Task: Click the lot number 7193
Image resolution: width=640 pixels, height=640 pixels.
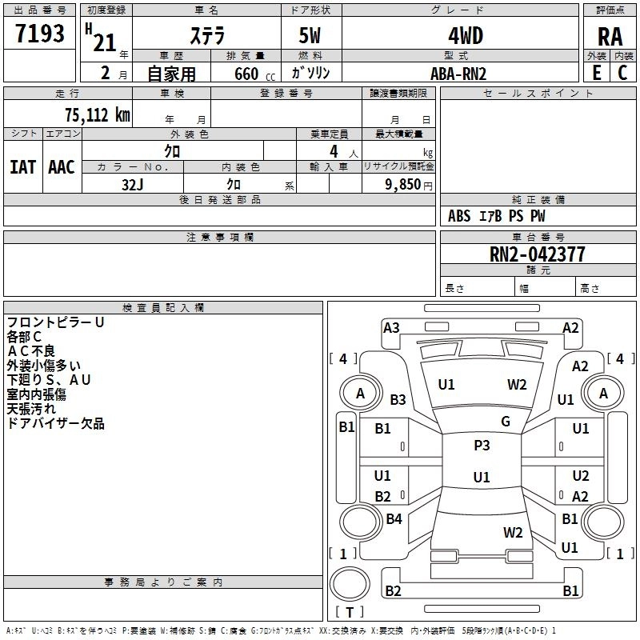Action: pos(40,34)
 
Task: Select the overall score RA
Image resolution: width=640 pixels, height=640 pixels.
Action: pos(610,36)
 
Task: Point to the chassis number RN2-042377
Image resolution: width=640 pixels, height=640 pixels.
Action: pos(538,254)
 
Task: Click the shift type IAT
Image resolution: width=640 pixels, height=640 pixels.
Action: pos(22,167)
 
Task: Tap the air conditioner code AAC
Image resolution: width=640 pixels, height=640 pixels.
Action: pos(62,167)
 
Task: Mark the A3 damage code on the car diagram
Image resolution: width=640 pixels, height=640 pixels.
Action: pos(391,327)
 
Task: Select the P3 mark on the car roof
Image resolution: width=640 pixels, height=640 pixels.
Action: pos(482,446)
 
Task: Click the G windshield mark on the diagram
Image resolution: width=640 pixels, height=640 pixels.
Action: pos(506,422)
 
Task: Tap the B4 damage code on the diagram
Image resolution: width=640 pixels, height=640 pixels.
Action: pos(394,519)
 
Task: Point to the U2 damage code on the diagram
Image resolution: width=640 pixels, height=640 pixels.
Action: pos(581,475)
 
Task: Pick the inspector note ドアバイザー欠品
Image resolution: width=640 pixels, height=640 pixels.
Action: pos(55,423)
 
